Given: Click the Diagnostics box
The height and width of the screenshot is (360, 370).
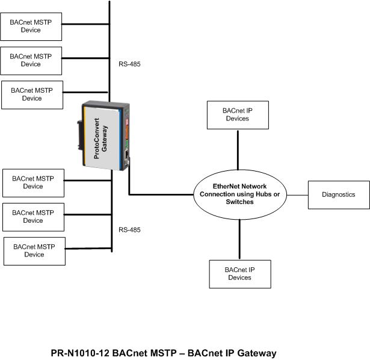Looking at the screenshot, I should point(338,195).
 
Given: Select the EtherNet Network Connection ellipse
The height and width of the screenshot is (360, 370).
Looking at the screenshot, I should point(240,194).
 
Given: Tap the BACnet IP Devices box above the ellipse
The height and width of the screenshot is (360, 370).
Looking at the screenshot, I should point(237,115).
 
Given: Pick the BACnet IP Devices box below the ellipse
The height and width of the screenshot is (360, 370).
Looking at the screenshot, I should point(239,274).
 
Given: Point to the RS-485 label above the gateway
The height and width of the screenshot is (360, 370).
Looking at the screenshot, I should point(129,63).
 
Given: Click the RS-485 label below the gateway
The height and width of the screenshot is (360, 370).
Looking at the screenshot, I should point(129,230).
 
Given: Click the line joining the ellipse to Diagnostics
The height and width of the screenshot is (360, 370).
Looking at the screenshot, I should point(298,195).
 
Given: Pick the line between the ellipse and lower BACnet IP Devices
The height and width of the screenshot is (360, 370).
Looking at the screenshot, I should point(239,240).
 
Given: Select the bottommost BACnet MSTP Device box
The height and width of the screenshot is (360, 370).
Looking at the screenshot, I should point(34,251).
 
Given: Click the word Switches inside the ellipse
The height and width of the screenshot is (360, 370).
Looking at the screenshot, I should point(239,202).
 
